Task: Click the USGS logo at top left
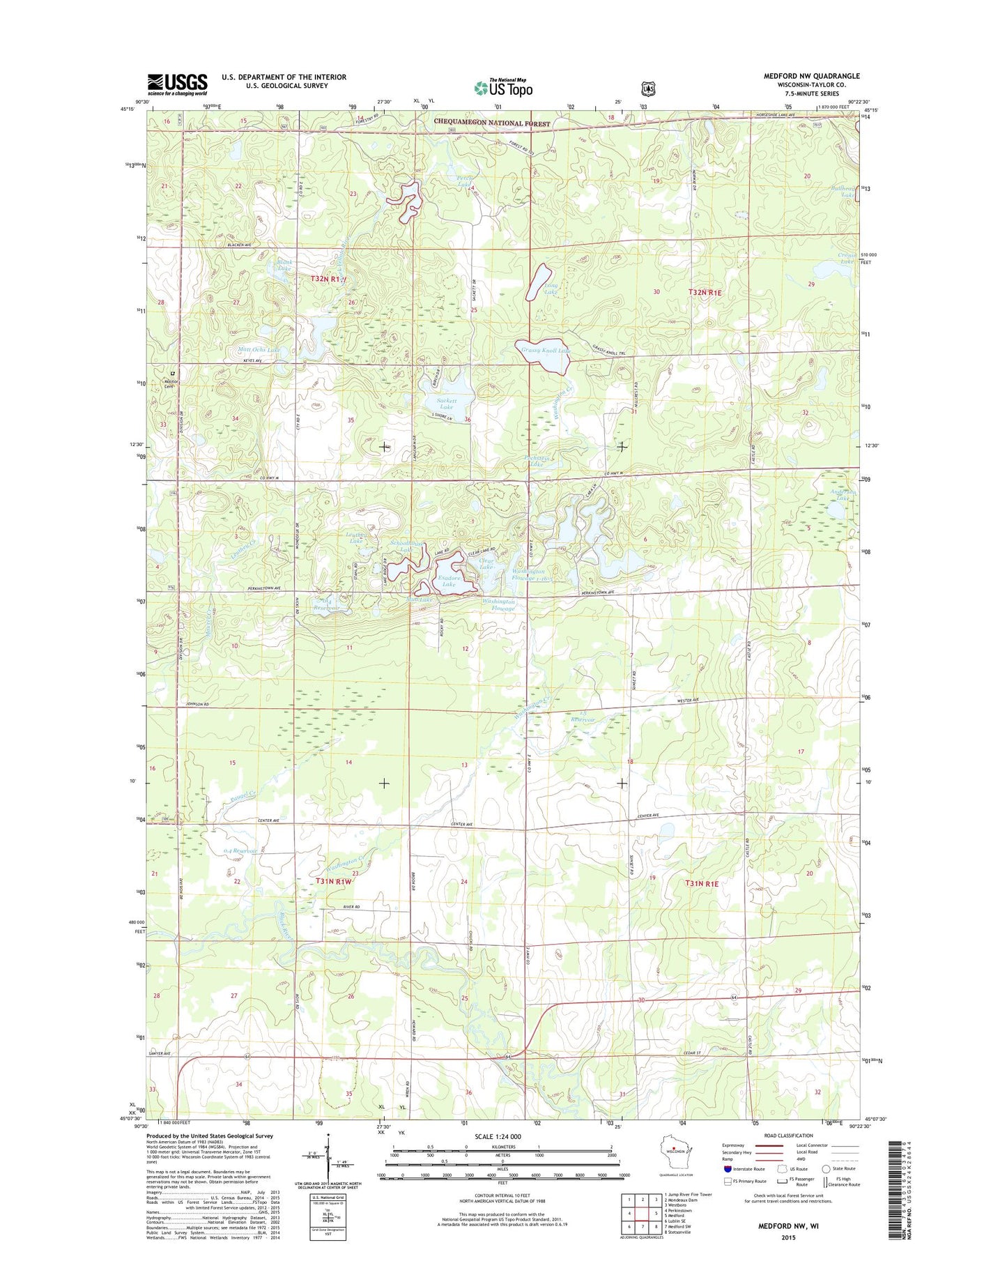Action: [x=177, y=84]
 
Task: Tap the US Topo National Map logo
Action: [x=503, y=87]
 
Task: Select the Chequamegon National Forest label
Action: [x=492, y=123]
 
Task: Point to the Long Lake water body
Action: [x=539, y=282]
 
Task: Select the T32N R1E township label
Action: [x=705, y=293]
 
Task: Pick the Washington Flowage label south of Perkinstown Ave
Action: [x=499, y=604]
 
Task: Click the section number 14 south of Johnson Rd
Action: [x=348, y=763]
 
